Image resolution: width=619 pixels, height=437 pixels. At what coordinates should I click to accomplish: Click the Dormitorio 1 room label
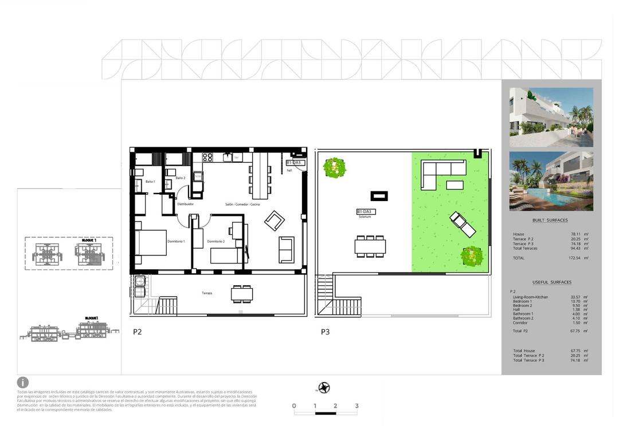pyautogui.click(x=176, y=242)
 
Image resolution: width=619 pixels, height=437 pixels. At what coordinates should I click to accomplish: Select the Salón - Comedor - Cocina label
pyautogui.click(x=242, y=204)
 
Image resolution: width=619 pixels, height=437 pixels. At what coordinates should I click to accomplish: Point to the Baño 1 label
pyautogui.click(x=150, y=182)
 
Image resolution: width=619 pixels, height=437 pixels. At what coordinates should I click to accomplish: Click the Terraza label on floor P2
pyautogui.click(x=206, y=293)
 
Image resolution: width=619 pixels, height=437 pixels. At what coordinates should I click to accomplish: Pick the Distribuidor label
pyautogui.click(x=185, y=204)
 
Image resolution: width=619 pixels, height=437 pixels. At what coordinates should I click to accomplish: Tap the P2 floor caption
pyautogui.click(x=138, y=332)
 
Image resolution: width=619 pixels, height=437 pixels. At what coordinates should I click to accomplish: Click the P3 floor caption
pyautogui.click(x=326, y=332)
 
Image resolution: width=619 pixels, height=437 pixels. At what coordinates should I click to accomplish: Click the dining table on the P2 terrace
pyautogui.click(x=242, y=294)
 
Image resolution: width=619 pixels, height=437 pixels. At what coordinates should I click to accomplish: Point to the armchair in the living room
pyautogui.click(x=273, y=220)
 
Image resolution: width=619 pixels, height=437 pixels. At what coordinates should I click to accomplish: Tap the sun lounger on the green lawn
pyautogui.click(x=463, y=225)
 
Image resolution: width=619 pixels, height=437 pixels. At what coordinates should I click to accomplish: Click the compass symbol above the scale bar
pyautogui.click(x=324, y=388)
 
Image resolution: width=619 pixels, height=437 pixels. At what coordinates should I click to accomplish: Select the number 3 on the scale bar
pyautogui.click(x=356, y=406)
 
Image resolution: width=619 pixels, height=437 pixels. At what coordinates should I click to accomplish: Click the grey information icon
pyautogui.click(x=23, y=382)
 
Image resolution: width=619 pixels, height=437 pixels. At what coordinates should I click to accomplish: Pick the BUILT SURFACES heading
pyautogui.click(x=550, y=221)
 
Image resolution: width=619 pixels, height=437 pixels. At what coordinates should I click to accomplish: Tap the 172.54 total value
pyautogui.click(x=574, y=258)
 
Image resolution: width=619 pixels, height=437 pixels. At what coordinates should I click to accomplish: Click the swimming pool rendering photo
pyautogui.click(x=551, y=181)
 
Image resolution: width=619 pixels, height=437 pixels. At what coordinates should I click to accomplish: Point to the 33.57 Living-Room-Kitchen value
pyautogui.click(x=575, y=297)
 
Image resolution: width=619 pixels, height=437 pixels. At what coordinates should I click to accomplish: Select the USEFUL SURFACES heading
pyautogui.click(x=551, y=282)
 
